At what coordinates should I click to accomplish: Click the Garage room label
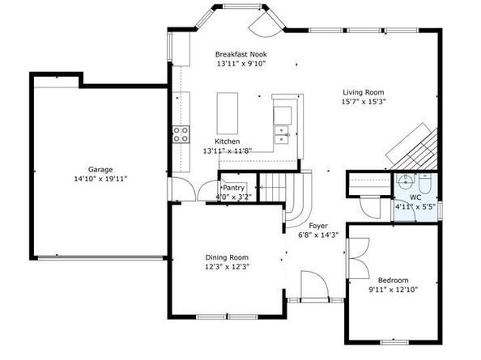click(100, 169)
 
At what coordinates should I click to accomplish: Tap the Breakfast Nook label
click(240, 54)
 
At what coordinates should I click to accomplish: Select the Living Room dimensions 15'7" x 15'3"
click(364, 102)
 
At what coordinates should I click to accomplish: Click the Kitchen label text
click(227, 142)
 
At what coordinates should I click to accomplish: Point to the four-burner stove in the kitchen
click(181, 134)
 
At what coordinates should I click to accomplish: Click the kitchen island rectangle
click(228, 113)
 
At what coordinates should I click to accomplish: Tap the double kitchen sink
click(282, 135)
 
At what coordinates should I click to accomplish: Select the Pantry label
click(234, 188)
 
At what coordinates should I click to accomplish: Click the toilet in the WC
click(425, 183)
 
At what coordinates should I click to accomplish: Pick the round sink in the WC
click(406, 183)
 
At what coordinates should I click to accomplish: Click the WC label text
click(415, 197)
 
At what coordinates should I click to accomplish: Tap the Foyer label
click(318, 226)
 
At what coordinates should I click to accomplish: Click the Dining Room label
click(227, 257)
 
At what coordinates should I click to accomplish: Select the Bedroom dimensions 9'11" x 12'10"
click(394, 290)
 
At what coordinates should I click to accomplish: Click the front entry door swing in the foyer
click(314, 285)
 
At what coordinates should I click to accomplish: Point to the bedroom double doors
click(360, 258)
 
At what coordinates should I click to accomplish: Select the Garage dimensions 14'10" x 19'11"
click(100, 179)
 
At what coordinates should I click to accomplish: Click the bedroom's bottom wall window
click(394, 341)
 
